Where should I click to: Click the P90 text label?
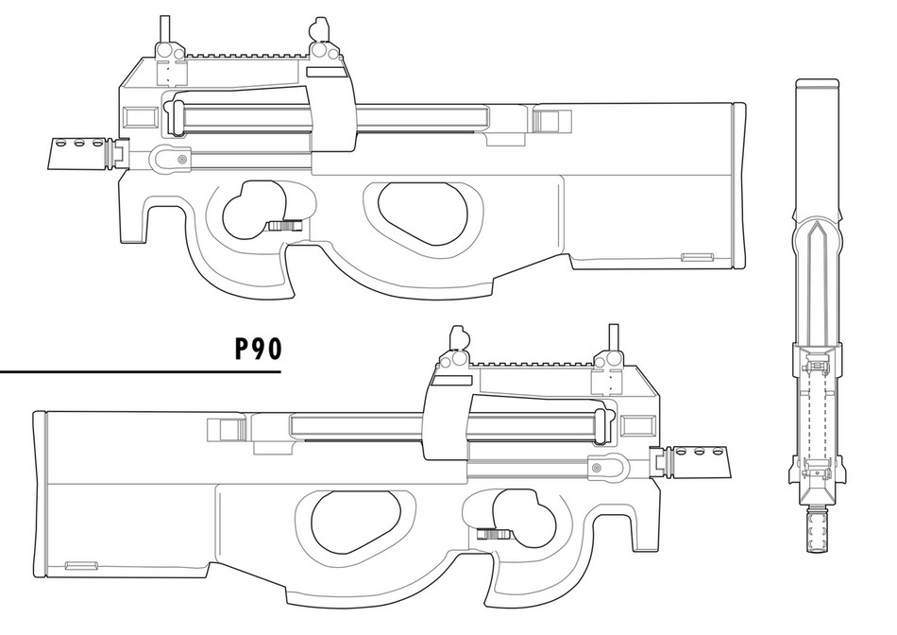point(258,350)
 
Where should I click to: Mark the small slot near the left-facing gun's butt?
point(697,256)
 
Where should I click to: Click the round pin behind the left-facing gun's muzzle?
point(181,162)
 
